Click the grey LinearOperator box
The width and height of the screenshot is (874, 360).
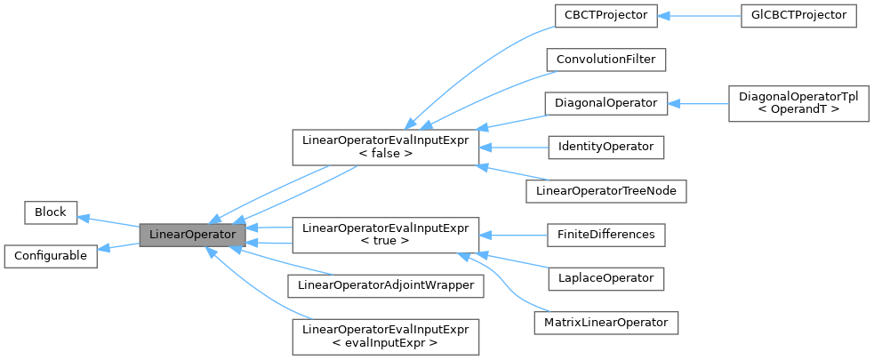coord(192,235)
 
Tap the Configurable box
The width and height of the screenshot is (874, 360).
coord(50,256)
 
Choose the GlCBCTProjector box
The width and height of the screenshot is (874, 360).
coord(798,16)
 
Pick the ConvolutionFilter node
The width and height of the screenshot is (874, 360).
coord(605,60)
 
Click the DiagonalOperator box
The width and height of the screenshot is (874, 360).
coord(605,103)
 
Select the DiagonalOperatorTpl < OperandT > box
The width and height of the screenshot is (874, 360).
coord(798,103)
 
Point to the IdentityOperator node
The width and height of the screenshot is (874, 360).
coord(605,146)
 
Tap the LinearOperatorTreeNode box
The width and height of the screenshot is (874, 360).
coord(605,189)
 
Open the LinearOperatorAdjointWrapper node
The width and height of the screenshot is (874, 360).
coord(384,285)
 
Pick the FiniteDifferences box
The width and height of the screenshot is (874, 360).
coord(605,235)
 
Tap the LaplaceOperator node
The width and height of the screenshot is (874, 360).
coord(605,278)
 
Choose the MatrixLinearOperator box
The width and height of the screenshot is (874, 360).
coord(605,320)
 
